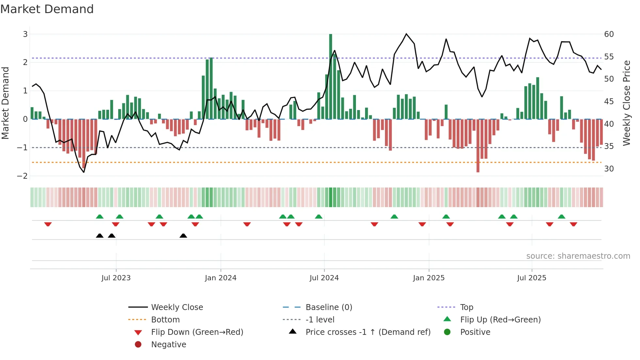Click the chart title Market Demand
coord(47,9)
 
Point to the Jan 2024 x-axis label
coord(220,278)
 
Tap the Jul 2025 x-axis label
coord(531,278)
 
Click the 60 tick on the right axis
coord(609,34)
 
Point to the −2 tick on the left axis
coord(22,176)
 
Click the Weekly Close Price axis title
coord(626,103)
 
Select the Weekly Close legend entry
coord(177,307)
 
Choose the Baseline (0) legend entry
coord(328,307)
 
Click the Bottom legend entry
coord(165,320)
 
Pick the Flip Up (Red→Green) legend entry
coord(500,320)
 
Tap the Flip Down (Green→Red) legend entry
coord(197,332)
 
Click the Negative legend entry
coord(168,345)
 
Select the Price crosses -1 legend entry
coord(368,332)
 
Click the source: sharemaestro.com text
coord(578,256)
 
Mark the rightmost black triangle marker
coord(183,236)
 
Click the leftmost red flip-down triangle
coord(48,224)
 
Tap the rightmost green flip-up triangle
coord(561,217)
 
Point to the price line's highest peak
coord(406,34)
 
